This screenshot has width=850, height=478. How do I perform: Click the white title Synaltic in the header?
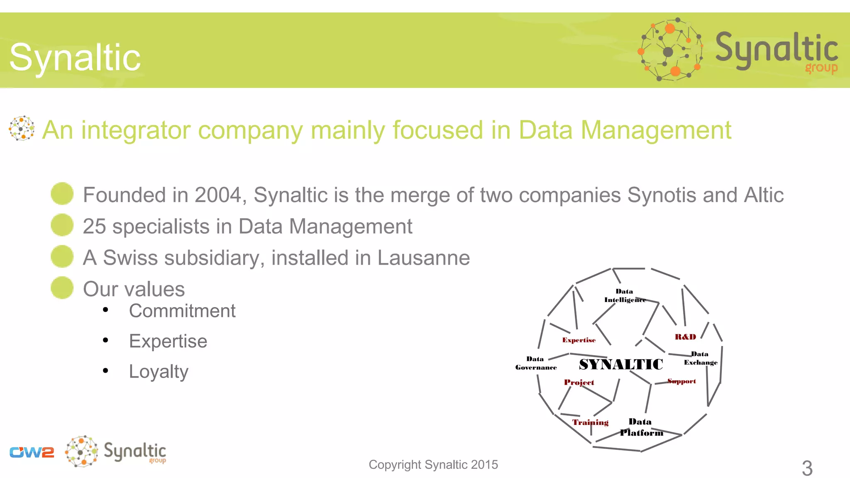75,57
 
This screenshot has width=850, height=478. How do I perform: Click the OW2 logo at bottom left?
32,452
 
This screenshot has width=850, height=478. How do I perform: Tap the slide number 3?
807,468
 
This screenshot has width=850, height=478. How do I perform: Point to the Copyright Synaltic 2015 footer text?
433,464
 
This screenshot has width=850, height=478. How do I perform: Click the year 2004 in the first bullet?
218,195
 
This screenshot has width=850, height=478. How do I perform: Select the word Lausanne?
423,258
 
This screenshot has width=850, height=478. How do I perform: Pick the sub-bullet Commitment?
182,311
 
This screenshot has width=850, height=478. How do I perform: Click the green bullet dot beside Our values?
62,288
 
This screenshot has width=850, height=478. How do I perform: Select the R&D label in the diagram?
685,337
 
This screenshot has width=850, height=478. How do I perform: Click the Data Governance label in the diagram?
536,363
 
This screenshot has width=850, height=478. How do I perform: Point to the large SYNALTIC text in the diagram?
621,364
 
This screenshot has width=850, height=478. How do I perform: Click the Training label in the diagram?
590,422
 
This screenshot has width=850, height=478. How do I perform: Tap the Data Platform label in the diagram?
641,427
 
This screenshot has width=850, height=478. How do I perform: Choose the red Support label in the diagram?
681,381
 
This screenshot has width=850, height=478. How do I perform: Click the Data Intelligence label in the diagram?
625,295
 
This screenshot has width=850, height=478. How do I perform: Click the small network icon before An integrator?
22,128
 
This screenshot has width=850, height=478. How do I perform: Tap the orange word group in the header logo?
821,68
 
